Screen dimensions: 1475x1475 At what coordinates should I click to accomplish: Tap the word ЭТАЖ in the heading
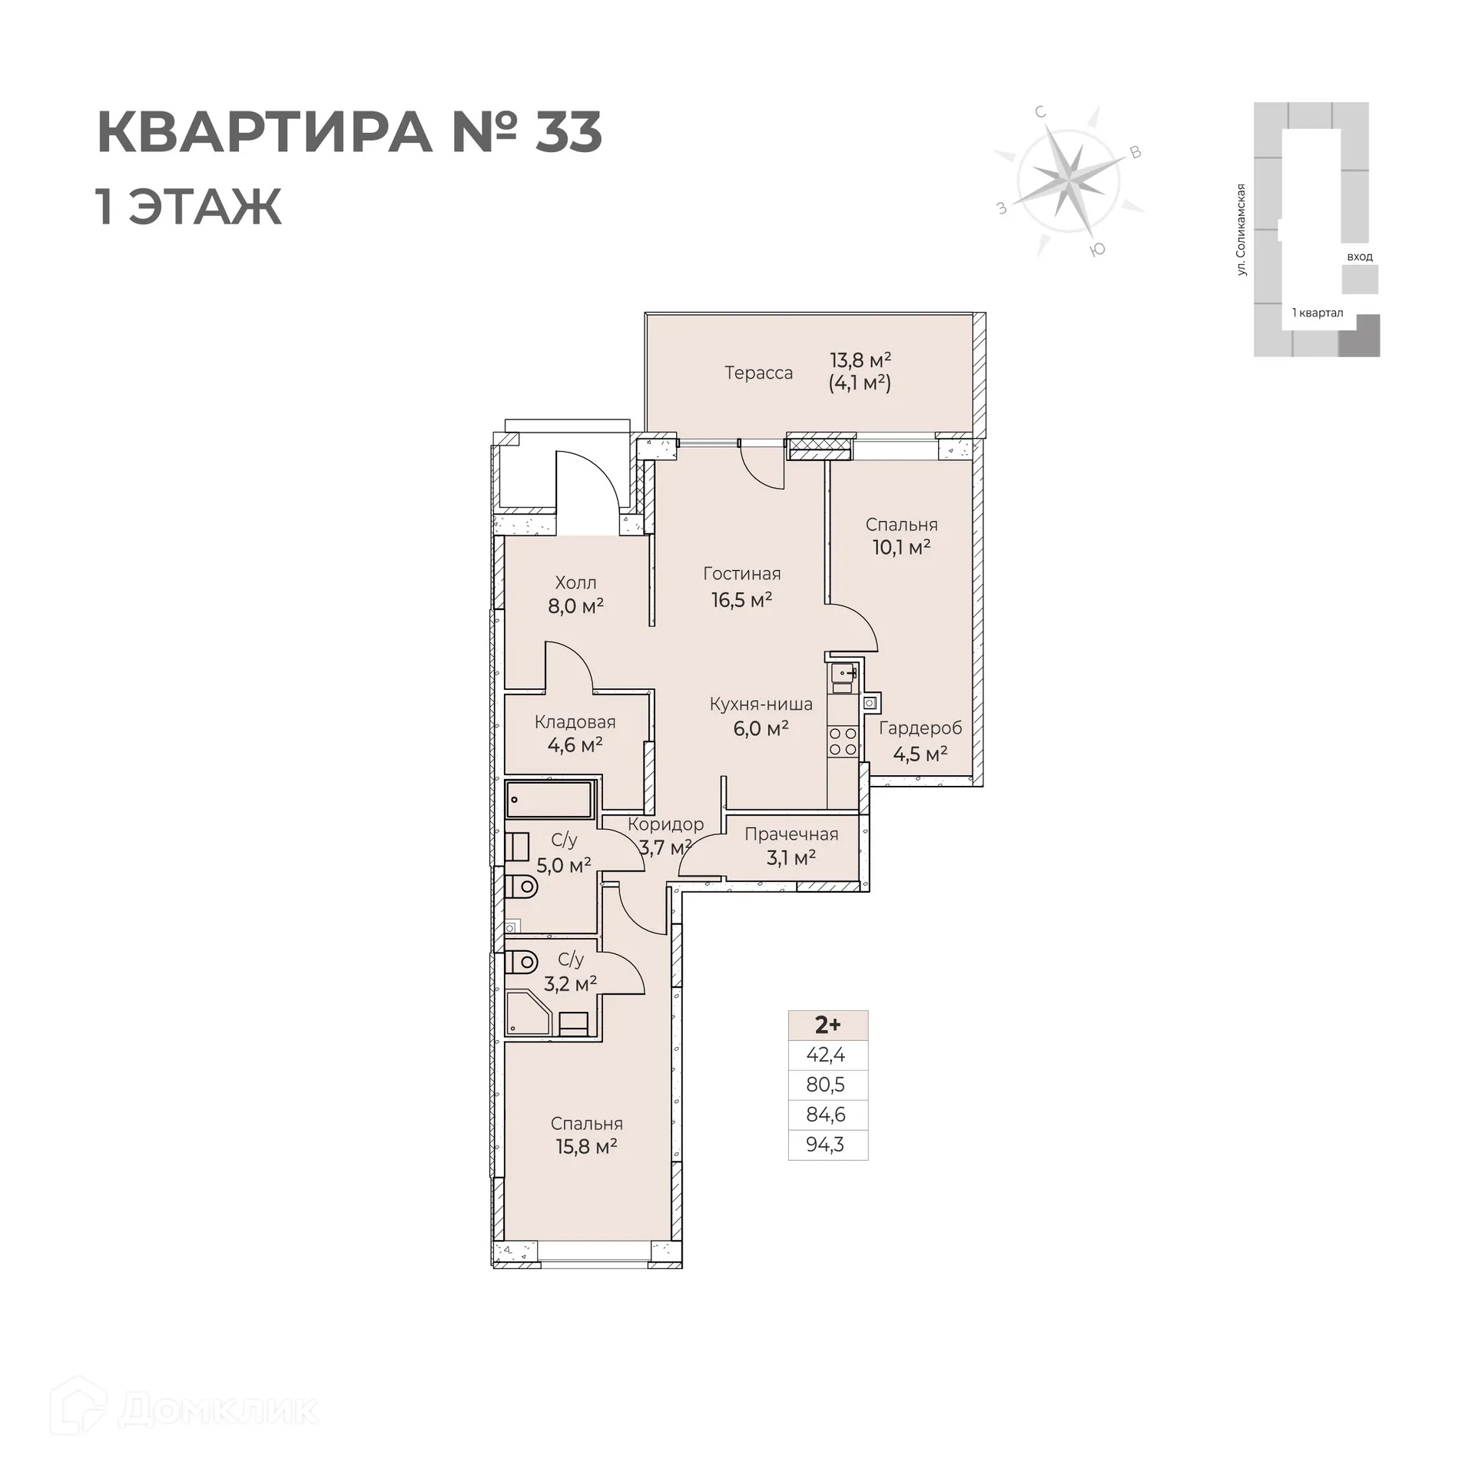tap(205, 207)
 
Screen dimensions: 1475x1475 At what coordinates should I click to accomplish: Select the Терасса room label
tap(758, 373)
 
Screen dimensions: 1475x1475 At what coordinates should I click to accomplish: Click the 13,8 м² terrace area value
tap(860, 360)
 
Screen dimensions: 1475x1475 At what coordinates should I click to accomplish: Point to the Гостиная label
tap(741, 574)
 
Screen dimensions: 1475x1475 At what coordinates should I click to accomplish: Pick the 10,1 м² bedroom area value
tap(901, 548)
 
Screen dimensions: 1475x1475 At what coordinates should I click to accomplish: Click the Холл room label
tap(575, 583)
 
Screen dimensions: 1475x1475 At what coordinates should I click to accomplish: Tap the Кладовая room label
tap(575, 722)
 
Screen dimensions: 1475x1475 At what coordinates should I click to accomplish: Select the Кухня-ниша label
tap(761, 704)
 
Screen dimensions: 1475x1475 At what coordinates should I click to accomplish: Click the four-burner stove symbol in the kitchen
tap(842, 742)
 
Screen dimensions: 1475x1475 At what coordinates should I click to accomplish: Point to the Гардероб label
tap(920, 728)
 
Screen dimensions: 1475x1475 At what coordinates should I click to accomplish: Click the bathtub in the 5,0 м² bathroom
tap(549, 800)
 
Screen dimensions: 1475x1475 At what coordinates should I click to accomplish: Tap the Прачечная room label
tap(791, 834)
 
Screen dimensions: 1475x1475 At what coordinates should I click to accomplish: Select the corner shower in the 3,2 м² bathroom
tap(528, 1013)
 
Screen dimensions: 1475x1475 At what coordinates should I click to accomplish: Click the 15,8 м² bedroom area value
tap(586, 1147)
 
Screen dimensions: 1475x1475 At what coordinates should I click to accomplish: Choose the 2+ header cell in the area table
tap(827, 1025)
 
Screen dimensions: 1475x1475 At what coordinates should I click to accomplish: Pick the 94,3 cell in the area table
tap(825, 1145)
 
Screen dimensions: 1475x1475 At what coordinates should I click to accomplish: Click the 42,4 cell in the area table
tap(825, 1055)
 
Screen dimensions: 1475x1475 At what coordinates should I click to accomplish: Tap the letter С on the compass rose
tap(1040, 113)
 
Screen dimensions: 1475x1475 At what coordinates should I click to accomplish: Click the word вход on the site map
tap(1359, 257)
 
